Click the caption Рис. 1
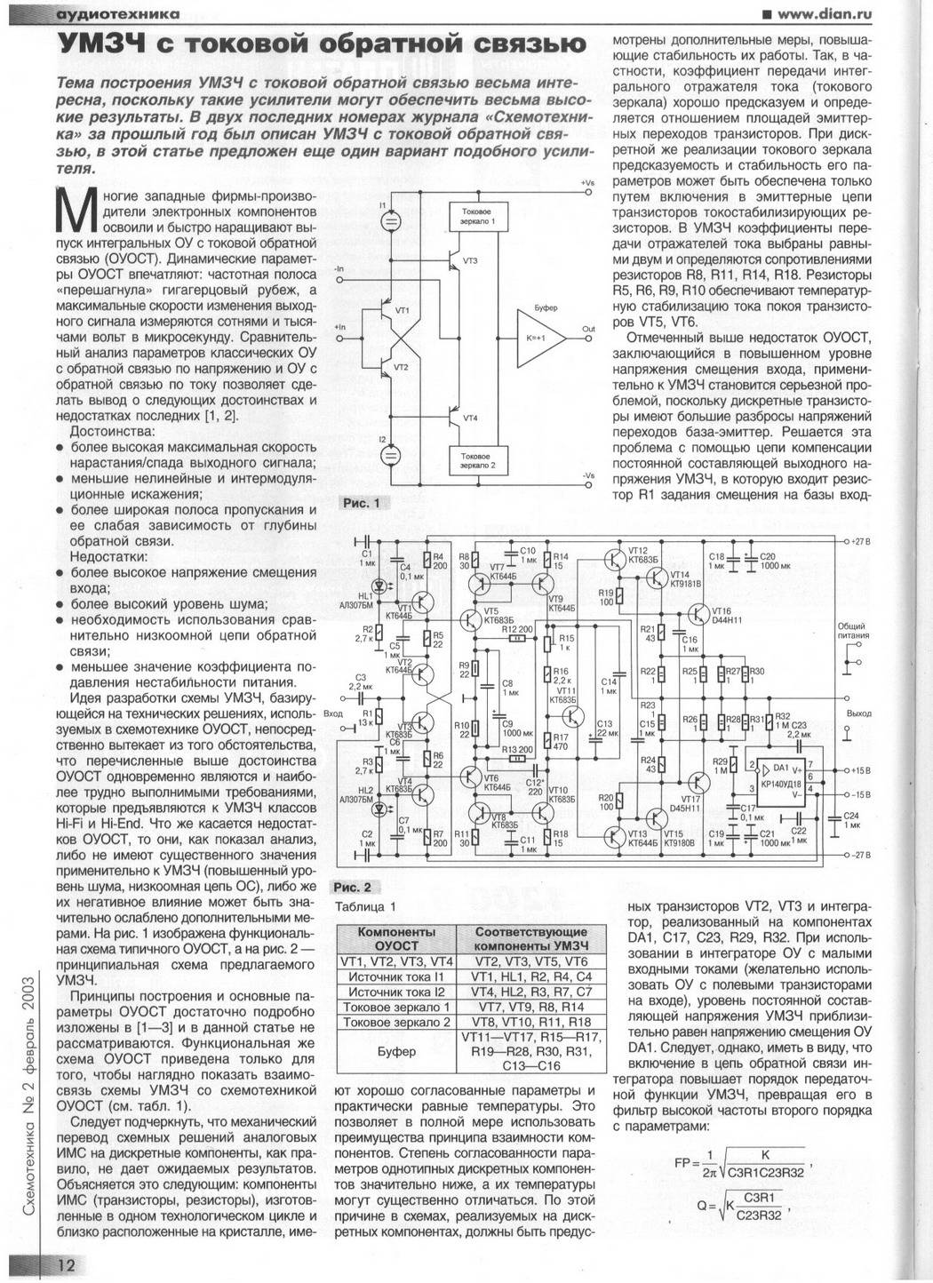coord(362,503)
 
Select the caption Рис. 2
coord(355,887)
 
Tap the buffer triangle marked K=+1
coord(537,339)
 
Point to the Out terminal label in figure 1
coord(588,328)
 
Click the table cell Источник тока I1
coord(396,976)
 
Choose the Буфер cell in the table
coord(396,1051)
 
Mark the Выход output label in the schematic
coord(859,713)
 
